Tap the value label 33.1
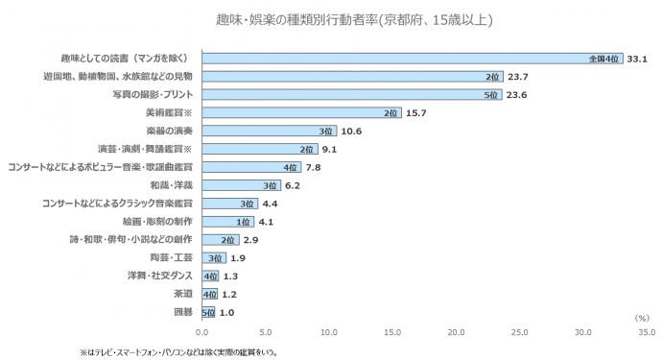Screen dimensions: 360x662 click(638, 59)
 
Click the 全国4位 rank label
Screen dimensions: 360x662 click(605, 59)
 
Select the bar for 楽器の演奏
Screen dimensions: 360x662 click(269, 131)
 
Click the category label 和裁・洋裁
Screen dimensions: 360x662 click(172, 185)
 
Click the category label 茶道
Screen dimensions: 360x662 click(182, 294)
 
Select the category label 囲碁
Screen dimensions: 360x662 click(182, 312)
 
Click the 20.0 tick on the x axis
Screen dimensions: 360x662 click(457, 332)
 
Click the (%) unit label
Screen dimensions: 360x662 click(642, 317)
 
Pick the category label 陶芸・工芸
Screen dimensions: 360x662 click(173, 257)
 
